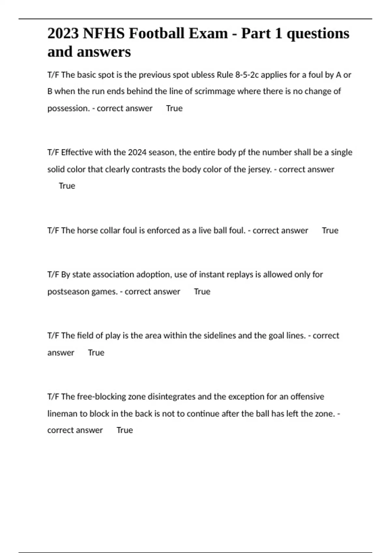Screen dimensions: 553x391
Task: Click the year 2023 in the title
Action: click(63, 34)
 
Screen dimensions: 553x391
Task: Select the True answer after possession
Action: click(174, 108)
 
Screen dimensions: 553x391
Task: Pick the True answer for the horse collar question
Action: click(330, 231)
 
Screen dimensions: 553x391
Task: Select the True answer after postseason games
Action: click(202, 291)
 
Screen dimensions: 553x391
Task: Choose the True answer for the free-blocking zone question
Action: click(125, 430)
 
